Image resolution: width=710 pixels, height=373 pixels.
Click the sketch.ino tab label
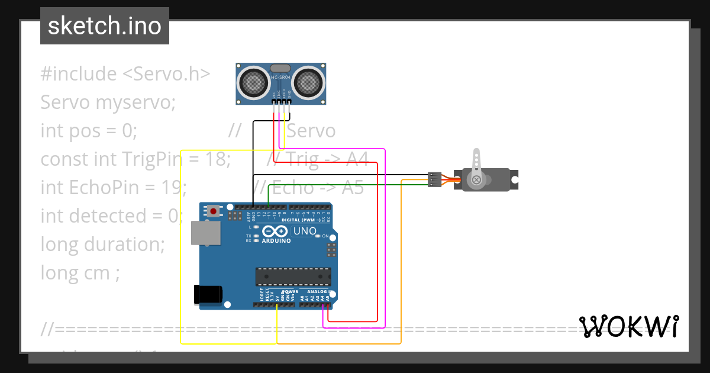(x=104, y=26)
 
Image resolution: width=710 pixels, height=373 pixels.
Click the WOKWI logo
(x=628, y=327)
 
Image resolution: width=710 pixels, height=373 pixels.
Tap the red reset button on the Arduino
(x=213, y=210)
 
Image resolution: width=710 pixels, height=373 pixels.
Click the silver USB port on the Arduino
(x=205, y=233)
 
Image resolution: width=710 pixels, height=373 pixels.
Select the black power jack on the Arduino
(x=208, y=294)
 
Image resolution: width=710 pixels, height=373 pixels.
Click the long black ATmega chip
(x=293, y=276)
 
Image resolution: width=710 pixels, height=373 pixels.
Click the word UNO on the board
(x=305, y=231)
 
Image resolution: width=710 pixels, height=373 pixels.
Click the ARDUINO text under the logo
(x=276, y=241)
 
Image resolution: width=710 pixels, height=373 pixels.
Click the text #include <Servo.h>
(x=125, y=74)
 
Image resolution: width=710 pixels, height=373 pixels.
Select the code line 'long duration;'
(x=102, y=245)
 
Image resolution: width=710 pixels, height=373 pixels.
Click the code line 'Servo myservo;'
(x=108, y=102)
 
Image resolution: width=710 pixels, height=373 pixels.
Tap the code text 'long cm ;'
(x=80, y=273)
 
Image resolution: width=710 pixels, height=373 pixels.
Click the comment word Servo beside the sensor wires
(x=311, y=131)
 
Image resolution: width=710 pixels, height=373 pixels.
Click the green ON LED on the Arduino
(x=318, y=236)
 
